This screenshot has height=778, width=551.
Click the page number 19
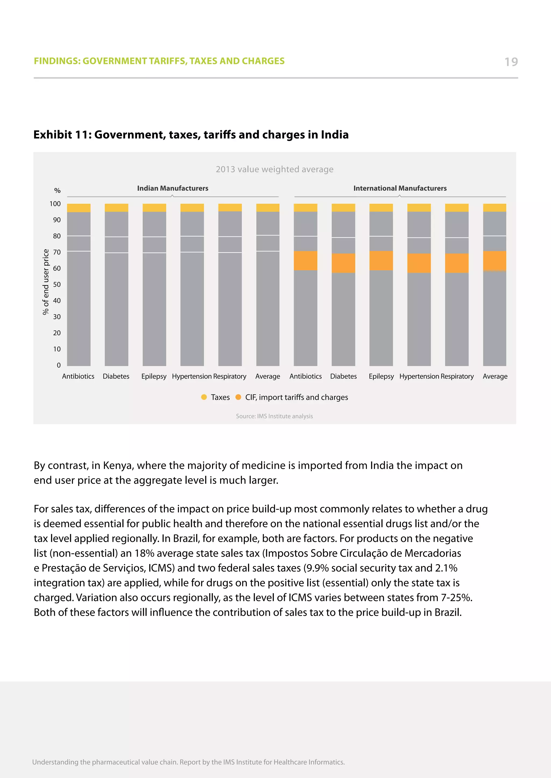[x=511, y=62]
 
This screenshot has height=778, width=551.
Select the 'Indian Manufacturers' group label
[x=172, y=188]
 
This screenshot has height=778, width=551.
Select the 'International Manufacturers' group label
[x=400, y=188]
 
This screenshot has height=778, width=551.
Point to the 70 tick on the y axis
[x=57, y=252]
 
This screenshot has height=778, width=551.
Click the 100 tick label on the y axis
[x=55, y=204]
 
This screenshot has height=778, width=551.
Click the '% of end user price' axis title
[x=45, y=282]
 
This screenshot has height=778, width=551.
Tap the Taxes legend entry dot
[x=204, y=397]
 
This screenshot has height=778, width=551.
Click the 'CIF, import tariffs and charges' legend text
[x=296, y=397]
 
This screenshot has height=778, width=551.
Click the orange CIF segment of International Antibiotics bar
[x=305, y=261]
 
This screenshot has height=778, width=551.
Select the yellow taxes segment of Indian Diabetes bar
[x=116, y=208]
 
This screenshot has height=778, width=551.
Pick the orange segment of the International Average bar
[x=494, y=261]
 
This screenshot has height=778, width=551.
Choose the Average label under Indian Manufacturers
[x=268, y=376]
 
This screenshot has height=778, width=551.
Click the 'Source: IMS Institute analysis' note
[x=274, y=416]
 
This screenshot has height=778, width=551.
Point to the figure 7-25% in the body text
[x=456, y=597]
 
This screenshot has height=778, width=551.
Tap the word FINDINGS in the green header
[x=57, y=61]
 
